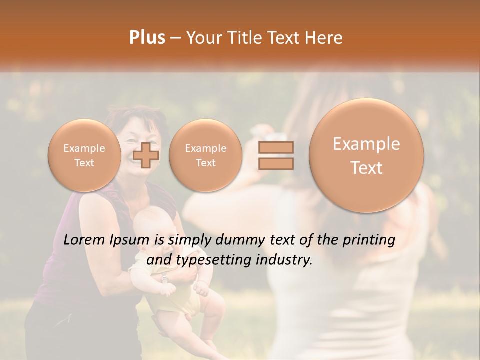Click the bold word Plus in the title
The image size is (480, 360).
(x=147, y=38)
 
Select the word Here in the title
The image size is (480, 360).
(x=325, y=38)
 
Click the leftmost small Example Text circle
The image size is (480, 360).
(x=84, y=155)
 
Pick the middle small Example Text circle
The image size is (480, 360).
(x=205, y=155)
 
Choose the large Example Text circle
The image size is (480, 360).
(x=366, y=155)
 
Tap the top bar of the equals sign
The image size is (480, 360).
(x=275, y=147)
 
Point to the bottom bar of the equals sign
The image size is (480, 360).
(x=275, y=163)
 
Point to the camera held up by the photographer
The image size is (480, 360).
(x=270, y=135)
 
